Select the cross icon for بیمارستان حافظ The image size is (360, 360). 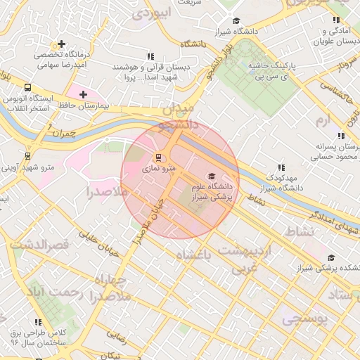coord(84,94)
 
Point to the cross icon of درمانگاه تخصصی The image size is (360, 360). coord(63,44)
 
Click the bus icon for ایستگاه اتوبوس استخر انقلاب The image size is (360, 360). coord(27,88)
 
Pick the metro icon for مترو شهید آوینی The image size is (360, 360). coord(27,156)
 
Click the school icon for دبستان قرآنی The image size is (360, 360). coord(150,56)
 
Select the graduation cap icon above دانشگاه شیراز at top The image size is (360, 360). coord(236,20)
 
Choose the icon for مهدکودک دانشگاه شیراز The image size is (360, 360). coord(281,167)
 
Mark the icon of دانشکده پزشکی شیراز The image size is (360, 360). coord(331,257)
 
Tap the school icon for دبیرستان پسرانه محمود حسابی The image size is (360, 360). coord(341,136)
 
